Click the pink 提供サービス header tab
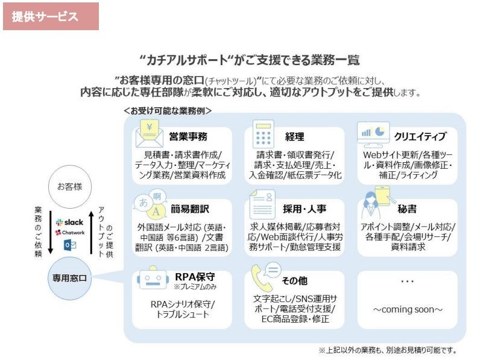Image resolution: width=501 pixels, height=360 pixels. (50, 16)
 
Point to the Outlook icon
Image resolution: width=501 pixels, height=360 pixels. (69, 244)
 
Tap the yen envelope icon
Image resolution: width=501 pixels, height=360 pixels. (149, 134)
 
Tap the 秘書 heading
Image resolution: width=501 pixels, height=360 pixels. (406, 209)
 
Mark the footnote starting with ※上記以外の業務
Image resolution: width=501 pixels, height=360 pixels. (387, 350)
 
